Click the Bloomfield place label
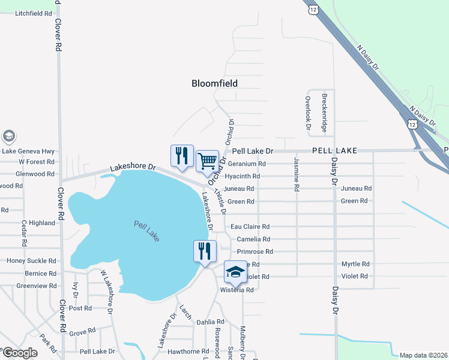[x=214, y=83]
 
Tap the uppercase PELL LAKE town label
[x=334, y=151]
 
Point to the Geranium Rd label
[x=245, y=163]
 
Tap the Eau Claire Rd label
[x=250, y=227]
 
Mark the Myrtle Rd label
[x=355, y=264]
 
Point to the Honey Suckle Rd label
[x=31, y=261]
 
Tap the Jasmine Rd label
[x=297, y=174]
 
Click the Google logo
[x=20, y=353]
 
